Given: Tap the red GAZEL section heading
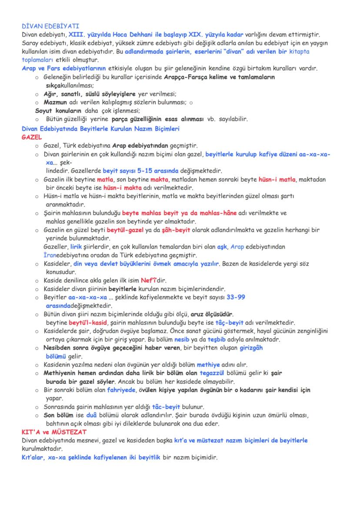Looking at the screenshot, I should click(x=32, y=137).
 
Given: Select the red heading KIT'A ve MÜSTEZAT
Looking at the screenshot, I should click(x=54, y=432).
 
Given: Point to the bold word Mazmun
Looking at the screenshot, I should click(x=54, y=103).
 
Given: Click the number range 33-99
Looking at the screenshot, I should click(x=236, y=297).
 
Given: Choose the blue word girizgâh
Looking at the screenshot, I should click(x=251, y=348).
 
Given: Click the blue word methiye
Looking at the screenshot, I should click(x=209, y=365).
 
